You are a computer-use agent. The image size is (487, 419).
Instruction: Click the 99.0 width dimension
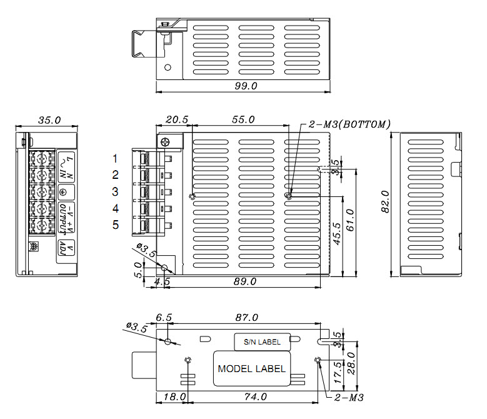pyautogui.click(x=246, y=86)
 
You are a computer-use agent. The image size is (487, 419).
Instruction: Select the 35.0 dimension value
pyautogui.click(x=49, y=119)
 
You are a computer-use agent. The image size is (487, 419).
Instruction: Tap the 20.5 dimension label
pyautogui.click(x=176, y=119)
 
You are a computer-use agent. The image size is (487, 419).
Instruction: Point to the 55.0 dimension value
pyautogui.click(x=243, y=119)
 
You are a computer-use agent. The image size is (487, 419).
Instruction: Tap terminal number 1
pyautogui.click(x=115, y=158)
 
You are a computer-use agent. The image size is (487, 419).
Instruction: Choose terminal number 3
pyautogui.click(x=115, y=191)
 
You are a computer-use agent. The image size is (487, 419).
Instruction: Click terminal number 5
pyautogui.click(x=115, y=225)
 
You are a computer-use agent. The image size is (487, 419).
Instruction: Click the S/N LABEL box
pyautogui.click(x=262, y=341)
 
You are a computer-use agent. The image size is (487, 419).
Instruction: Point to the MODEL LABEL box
pyautogui.click(x=251, y=368)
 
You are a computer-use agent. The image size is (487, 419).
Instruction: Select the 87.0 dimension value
pyautogui.click(x=246, y=318)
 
